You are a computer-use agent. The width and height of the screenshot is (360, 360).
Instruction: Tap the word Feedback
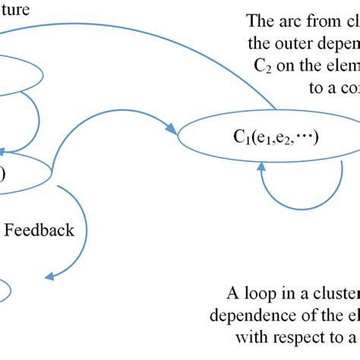[x=39, y=229]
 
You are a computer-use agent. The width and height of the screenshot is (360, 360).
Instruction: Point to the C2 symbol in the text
[x=263, y=65]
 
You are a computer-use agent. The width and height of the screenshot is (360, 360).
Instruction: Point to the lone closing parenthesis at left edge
[x=2, y=174]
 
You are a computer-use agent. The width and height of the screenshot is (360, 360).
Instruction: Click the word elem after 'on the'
[x=343, y=65]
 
